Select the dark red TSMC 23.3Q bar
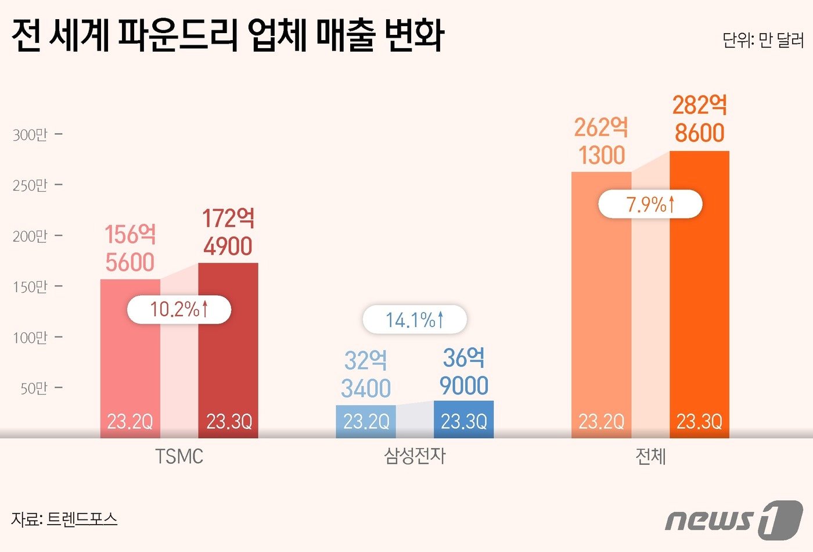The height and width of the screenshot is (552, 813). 228,349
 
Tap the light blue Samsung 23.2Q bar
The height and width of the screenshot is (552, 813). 366,421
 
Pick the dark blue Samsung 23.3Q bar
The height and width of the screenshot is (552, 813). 463,419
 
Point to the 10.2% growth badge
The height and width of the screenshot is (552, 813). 179,309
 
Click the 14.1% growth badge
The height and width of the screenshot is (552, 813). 414,320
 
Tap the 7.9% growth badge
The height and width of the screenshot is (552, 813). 650,205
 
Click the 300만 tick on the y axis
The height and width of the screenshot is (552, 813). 30,135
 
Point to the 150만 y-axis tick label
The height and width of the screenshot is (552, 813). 30,287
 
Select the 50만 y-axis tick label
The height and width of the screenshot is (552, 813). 34,388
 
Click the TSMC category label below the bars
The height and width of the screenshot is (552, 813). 179,457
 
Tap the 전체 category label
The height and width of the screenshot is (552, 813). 650,457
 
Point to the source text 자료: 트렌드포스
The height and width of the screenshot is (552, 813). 64,519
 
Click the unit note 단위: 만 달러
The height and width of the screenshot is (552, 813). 762,40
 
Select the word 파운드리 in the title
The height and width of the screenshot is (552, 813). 177,35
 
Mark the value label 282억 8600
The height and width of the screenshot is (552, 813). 699,119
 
